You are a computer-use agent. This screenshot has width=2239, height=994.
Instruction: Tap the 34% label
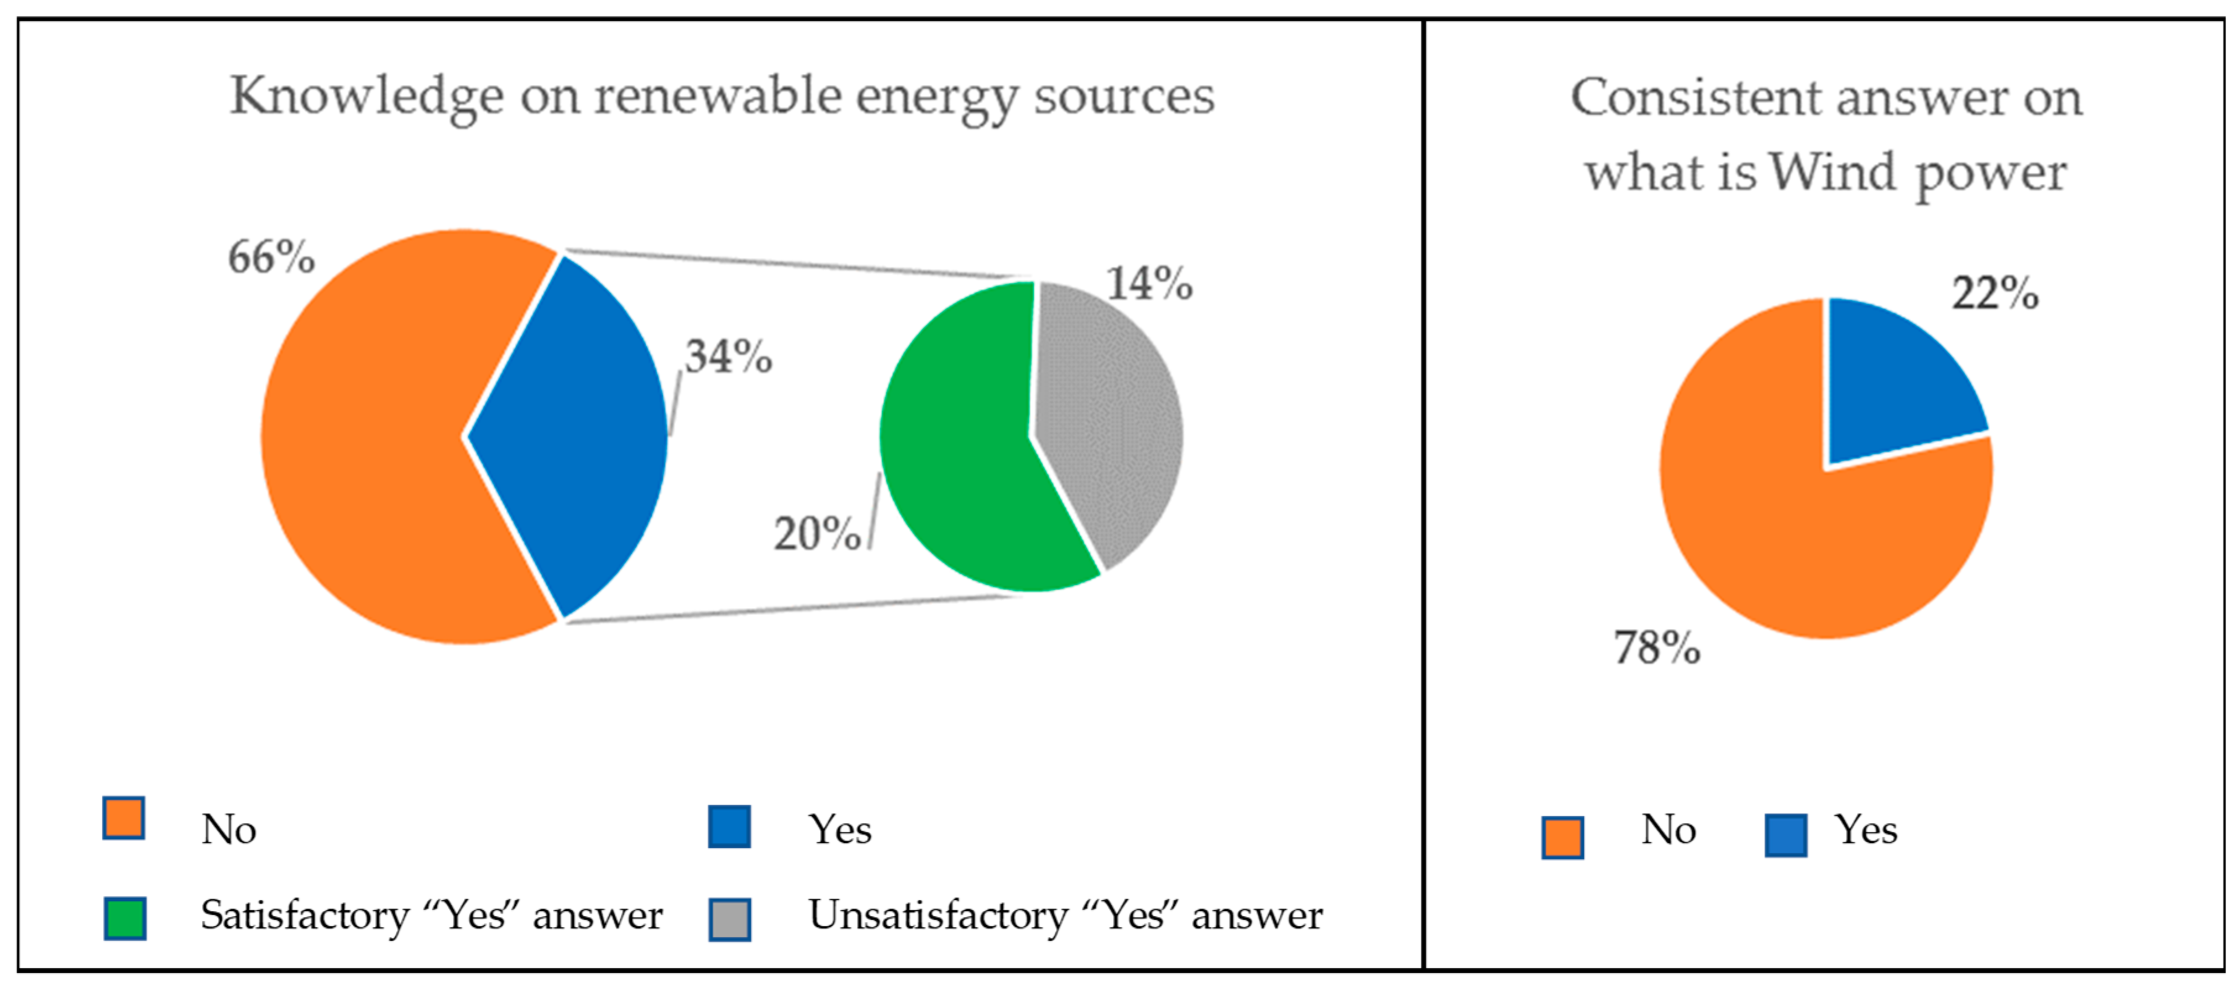[729, 356]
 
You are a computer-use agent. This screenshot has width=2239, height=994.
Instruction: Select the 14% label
[1149, 284]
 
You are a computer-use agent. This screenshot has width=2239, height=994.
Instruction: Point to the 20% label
[817, 534]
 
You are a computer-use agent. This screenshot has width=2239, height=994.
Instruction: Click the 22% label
[1995, 293]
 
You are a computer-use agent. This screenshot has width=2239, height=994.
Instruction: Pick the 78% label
[1657, 647]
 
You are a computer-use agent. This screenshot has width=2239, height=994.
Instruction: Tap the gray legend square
[729, 919]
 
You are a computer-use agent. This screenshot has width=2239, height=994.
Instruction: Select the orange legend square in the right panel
[1562, 838]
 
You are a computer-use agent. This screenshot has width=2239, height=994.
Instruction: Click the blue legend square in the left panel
[729, 827]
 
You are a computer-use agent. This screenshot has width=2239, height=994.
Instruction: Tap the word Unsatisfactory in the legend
[938, 915]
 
